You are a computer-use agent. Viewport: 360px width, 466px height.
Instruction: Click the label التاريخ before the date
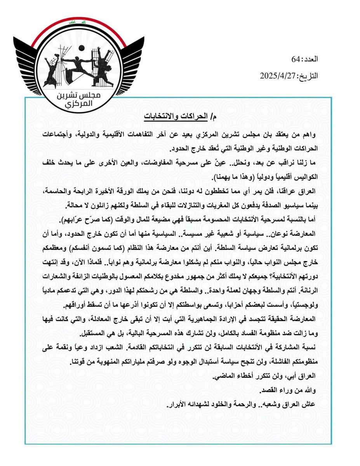click(x=309, y=76)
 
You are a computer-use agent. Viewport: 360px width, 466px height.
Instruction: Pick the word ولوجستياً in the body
click(x=300, y=294)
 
